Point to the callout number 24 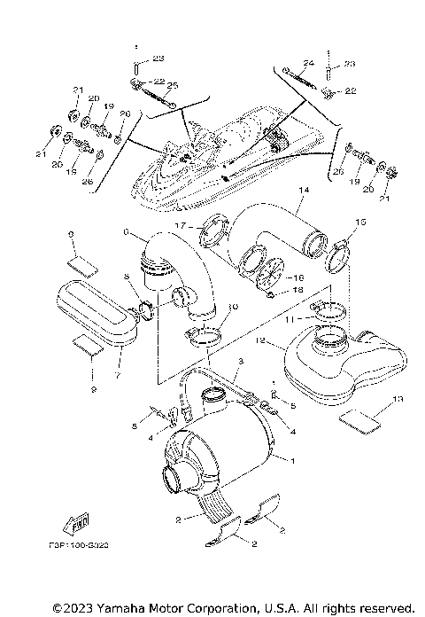(308, 63)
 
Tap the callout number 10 (232, 307)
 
